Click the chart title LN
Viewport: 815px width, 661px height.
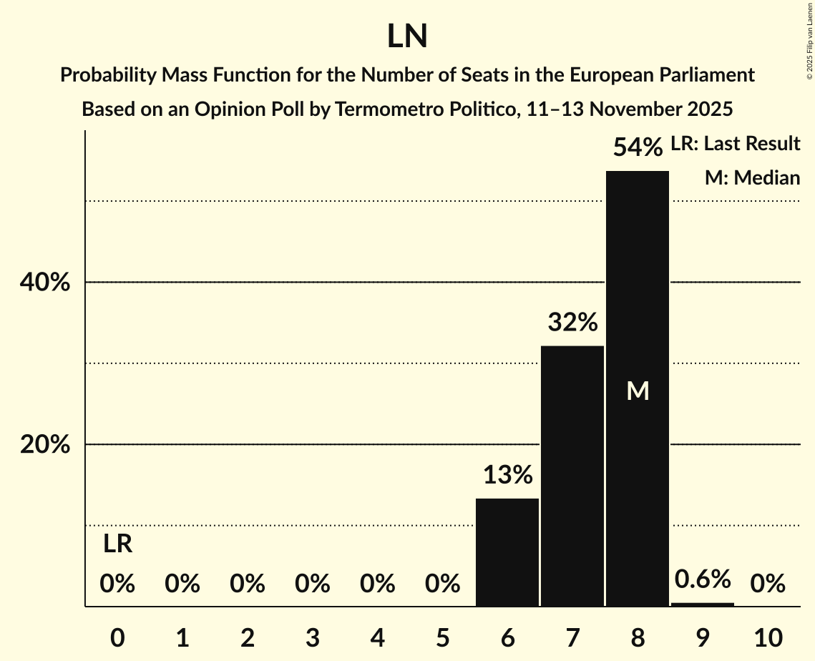click(407, 36)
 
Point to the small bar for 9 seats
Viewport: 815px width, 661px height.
click(702, 604)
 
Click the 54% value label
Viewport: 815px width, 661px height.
click(638, 148)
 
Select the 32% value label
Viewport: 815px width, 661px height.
click(572, 323)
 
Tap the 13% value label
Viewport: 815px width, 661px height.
click(507, 475)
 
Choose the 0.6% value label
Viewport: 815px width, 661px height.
click(703, 579)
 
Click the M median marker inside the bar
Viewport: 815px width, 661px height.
click(638, 391)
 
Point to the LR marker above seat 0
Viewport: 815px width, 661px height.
click(117, 544)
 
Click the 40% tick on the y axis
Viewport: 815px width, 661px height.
click(44, 283)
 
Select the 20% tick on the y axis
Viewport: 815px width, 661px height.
click(44, 445)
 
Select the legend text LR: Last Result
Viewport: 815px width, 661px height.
click(735, 144)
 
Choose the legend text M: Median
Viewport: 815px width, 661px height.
click(752, 177)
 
